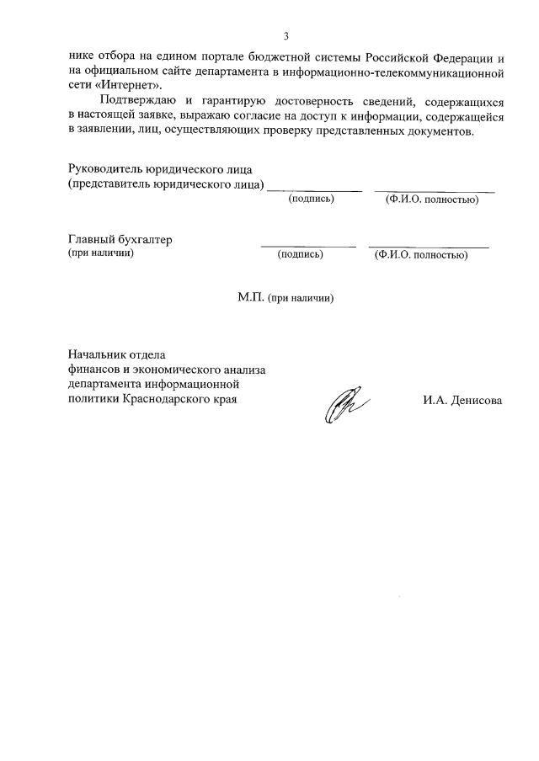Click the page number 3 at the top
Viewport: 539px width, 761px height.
286,36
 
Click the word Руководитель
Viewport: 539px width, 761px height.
104,169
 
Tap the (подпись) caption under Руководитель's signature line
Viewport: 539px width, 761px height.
312,199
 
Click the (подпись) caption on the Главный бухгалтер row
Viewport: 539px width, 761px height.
300,254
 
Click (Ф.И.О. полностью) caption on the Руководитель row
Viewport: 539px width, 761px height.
432,200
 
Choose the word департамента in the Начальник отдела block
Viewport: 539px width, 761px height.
104,384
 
